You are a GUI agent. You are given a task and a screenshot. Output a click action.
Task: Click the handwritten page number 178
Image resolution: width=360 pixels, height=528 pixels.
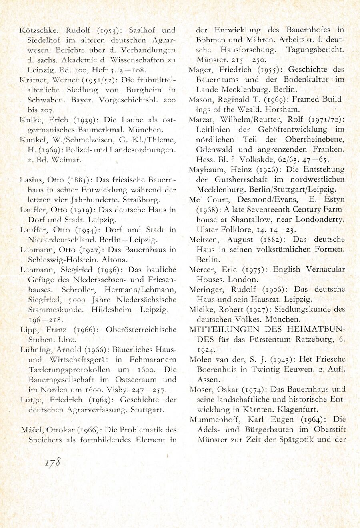pos(52,462)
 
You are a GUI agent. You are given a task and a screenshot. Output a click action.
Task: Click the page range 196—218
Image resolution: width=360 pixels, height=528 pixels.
pos(44,320)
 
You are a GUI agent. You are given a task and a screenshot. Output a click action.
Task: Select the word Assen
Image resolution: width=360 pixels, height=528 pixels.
pos(208,380)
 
